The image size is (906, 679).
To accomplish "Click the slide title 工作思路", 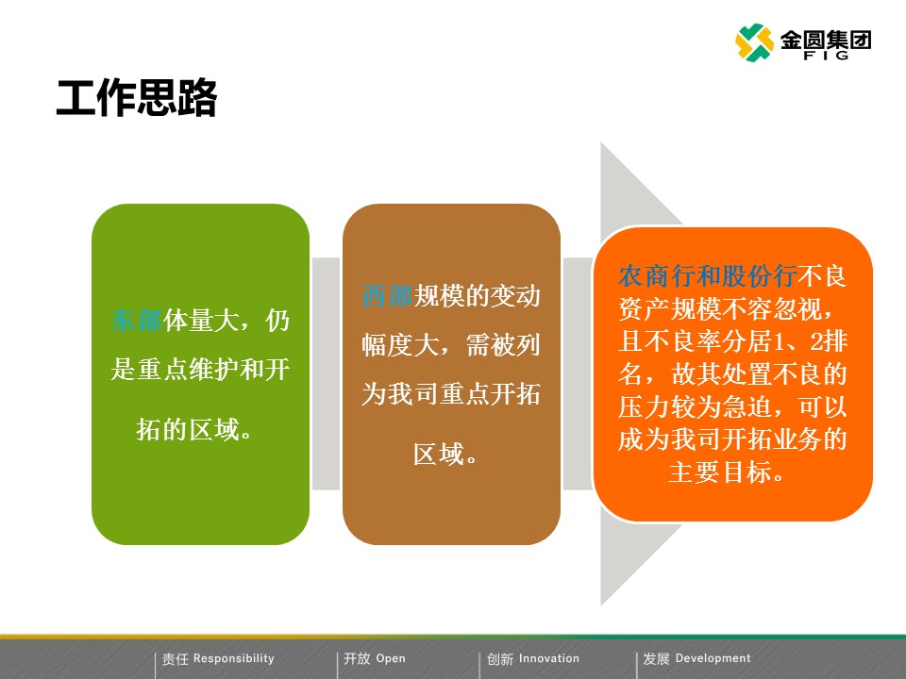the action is (136, 98).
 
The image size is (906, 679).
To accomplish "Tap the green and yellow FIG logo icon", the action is (754, 42).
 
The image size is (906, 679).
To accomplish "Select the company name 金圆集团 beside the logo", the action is (826, 40).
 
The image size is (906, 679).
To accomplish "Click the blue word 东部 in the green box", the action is (136, 321).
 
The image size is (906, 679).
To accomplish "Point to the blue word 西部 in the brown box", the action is (387, 295).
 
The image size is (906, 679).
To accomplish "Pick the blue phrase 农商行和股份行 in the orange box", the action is (707, 276).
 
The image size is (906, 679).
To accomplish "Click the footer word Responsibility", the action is (233, 658).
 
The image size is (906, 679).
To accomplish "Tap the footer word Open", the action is (391, 658).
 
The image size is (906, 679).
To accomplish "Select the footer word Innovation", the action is (549, 658).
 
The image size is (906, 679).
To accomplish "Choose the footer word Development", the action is (713, 658).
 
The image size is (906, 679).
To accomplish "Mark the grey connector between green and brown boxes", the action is (326, 373).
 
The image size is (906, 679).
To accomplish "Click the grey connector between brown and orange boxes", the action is (578, 373).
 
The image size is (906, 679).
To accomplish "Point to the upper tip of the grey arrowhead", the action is (601, 143).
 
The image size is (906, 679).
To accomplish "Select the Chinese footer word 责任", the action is (176, 659).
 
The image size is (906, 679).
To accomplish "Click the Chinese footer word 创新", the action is (500, 659).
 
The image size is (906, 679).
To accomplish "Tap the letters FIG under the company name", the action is (826, 56).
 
